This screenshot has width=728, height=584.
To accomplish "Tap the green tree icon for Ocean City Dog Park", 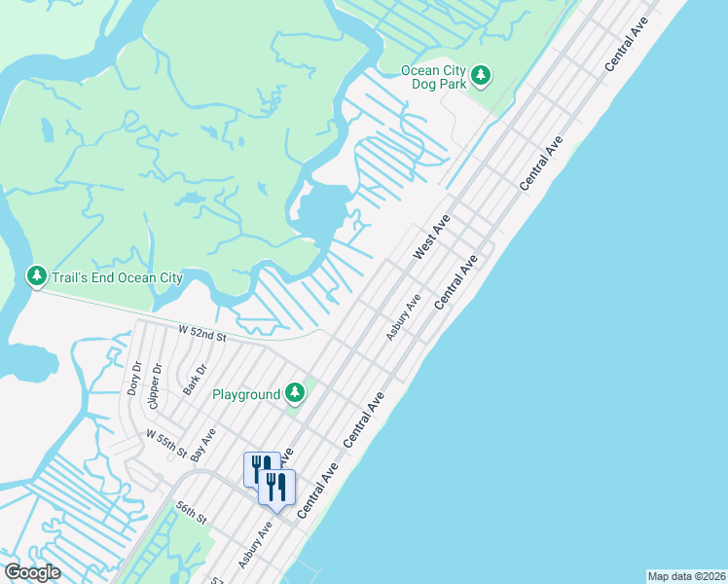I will (481, 75).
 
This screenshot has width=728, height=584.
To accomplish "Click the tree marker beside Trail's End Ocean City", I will (37, 277).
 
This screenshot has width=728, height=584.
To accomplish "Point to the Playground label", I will (246, 394).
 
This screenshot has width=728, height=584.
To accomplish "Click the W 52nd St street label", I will (202, 335).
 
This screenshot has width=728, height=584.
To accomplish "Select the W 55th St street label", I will (166, 443).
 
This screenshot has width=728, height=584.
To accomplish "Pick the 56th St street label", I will (193, 513).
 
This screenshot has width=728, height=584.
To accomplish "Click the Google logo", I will (32, 572).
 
